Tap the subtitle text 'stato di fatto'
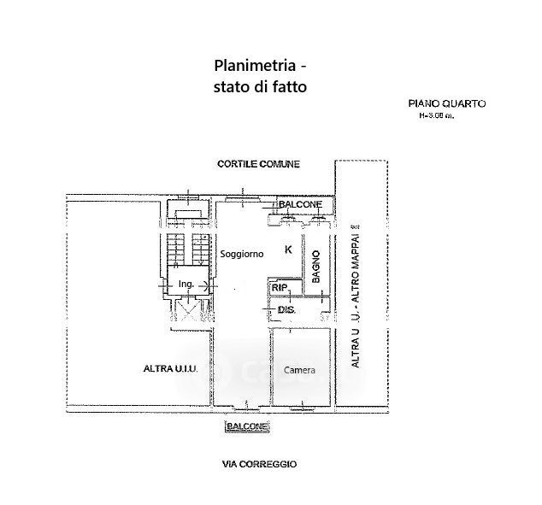(259, 86)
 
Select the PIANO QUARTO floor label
(446, 103)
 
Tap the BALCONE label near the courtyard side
(299, 204)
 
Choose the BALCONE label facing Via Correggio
(247, 426)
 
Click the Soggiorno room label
(241, 255)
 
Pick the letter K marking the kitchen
(288, 250)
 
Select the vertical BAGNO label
(315, 265)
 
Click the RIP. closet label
(280, 289)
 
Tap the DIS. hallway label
(286, 309)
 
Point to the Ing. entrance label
(186, 284)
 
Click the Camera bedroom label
(299, 370)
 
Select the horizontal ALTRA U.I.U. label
(170, 368)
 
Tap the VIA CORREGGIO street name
(259, 464)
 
